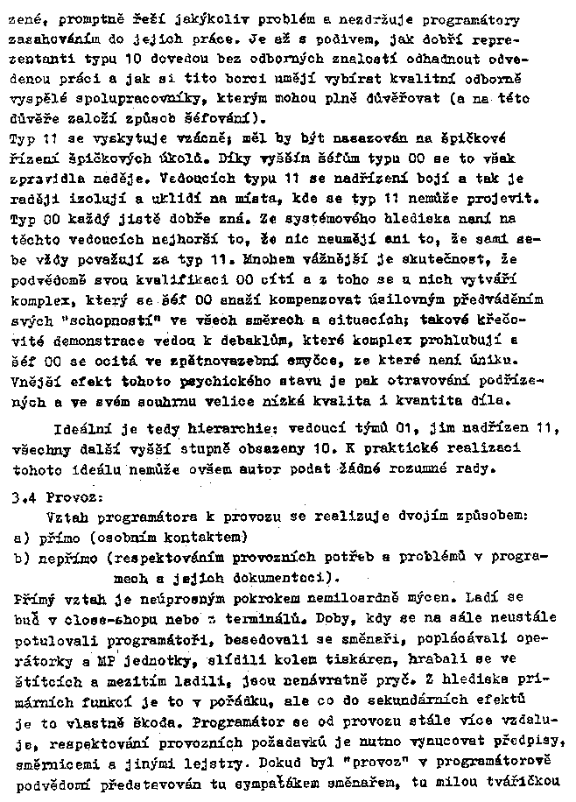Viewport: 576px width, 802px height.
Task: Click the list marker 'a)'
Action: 22,535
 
